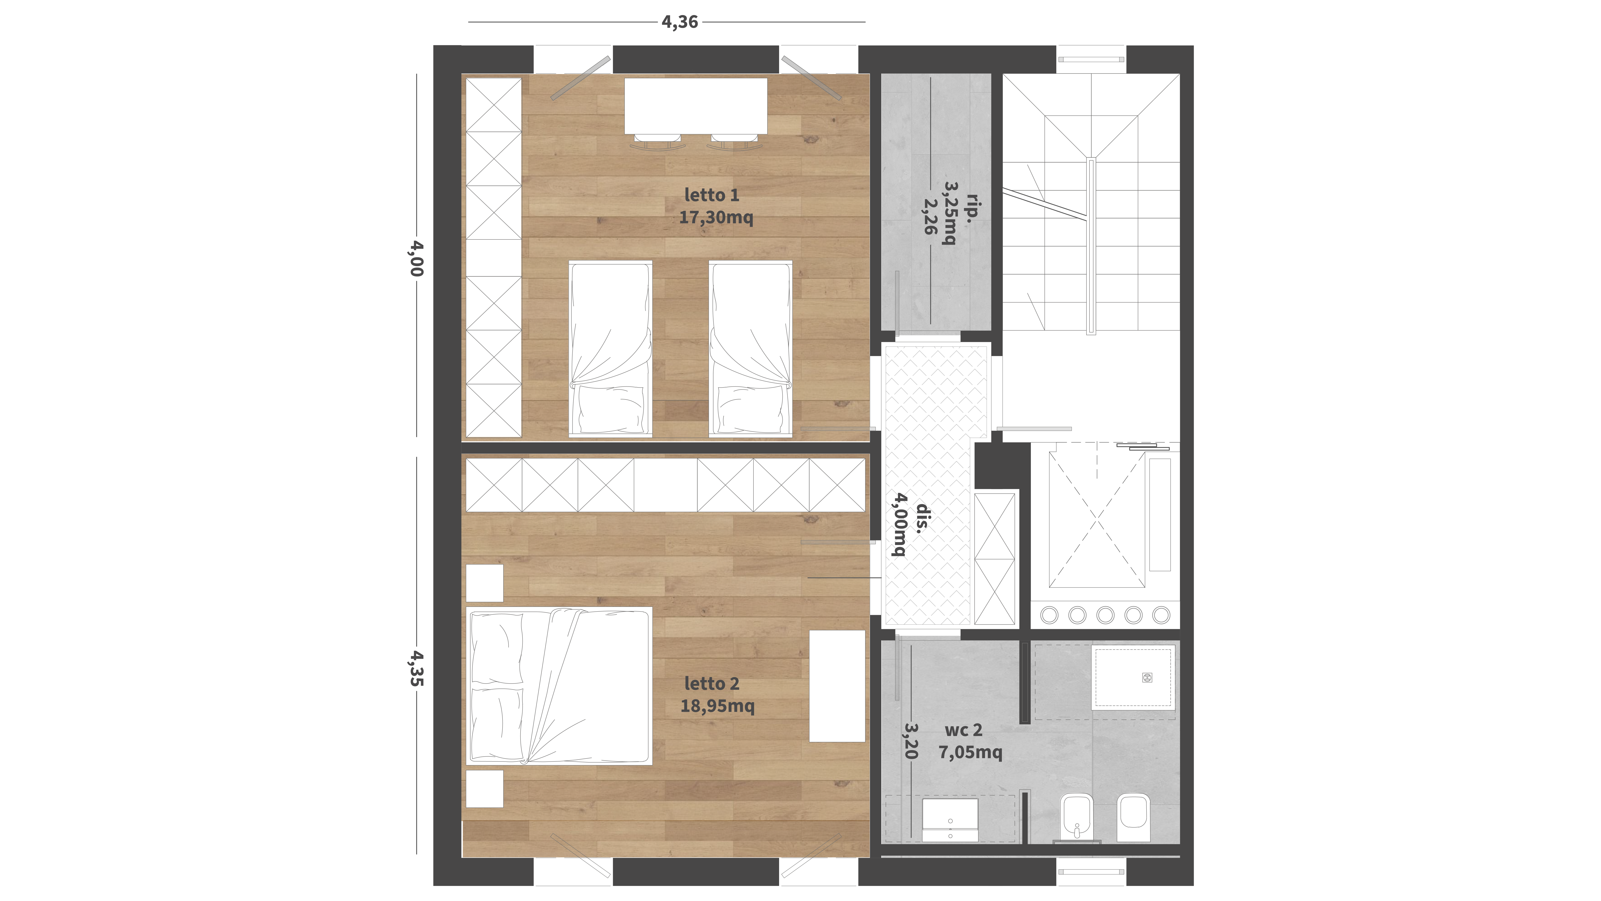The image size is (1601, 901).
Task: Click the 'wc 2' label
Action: (x=963, y=730)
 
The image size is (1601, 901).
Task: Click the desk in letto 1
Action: (x=696, y=106)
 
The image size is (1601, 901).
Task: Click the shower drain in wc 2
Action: (x=1147, y=678)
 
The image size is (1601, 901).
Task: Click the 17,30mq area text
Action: (x=716, y=218)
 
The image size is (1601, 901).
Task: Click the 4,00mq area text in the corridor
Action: (x=899, y=524)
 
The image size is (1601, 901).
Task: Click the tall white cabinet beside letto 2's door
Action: (x=837, y=686)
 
